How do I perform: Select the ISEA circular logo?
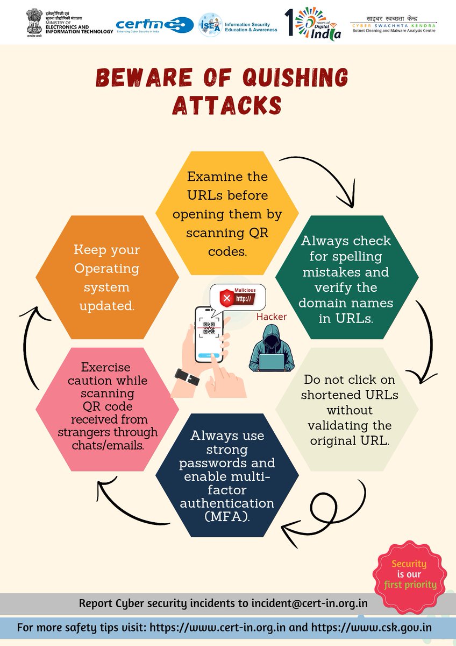click(x=210, y=25)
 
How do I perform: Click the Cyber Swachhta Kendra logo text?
click(x=393, y=25)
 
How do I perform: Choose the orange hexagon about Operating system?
click(x=106, y=277)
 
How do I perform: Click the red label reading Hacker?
click(x=272, y=317)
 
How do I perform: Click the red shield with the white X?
click(x=227, y=298)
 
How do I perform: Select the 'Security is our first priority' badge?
click(x=409, y=574)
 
